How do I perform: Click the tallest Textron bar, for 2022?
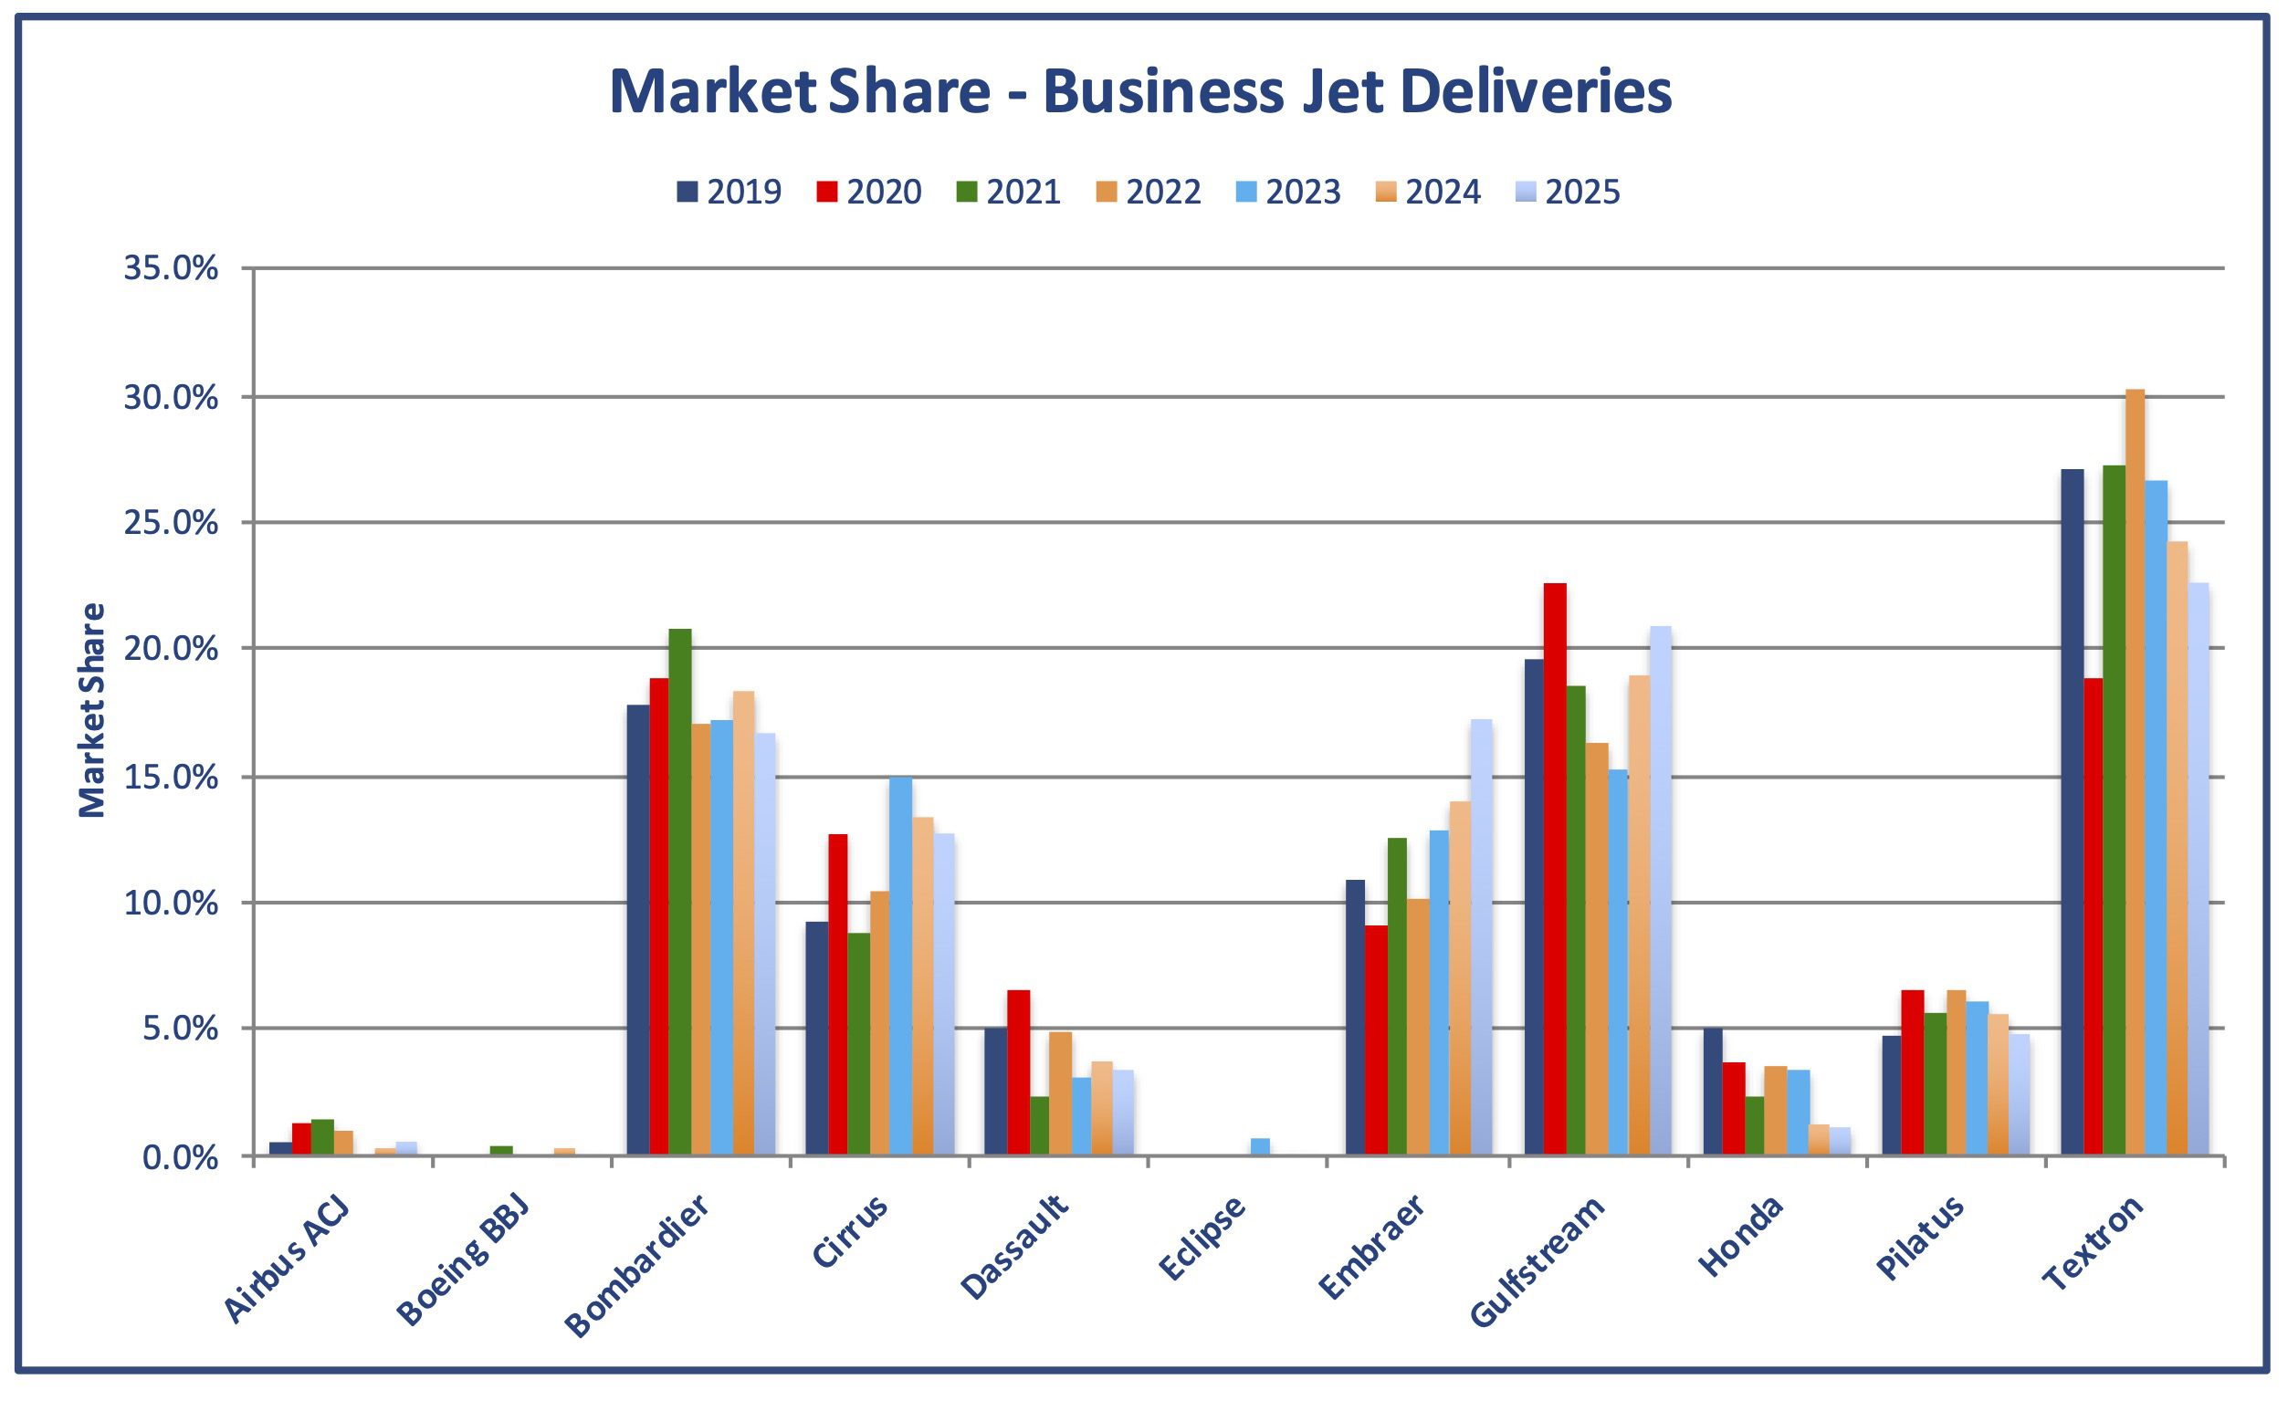(2135, 775)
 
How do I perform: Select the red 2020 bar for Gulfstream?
(1555, 868)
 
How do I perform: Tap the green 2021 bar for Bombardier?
(680, 891)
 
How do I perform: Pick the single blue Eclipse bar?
(1260, 1147)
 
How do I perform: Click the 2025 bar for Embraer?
(1481, 938)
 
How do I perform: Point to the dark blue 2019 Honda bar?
(1713, 1092)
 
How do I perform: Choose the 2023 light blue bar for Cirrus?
(901, 966)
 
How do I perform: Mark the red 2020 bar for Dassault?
(1018, 1073)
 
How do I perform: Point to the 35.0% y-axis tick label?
(171, 268)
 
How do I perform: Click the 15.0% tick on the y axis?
(171, 777)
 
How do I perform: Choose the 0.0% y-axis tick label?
(180, 1157)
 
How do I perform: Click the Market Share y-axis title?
(90, 709)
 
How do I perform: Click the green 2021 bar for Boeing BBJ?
(501, 1152)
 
